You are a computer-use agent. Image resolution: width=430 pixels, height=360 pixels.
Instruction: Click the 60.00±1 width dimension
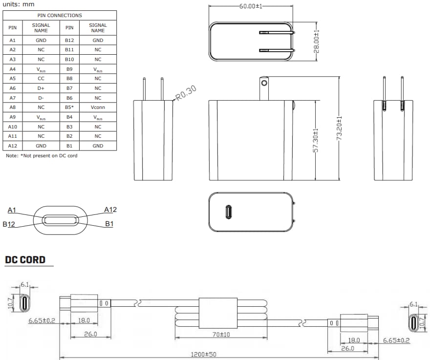(x=251, y=6)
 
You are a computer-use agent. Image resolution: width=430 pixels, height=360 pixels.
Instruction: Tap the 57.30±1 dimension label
(x=316, y=141)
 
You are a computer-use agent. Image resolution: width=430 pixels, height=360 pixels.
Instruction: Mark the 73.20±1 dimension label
(x=339, y=128)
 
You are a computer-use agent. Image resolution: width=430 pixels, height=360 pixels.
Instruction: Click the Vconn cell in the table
(x=98, y=107)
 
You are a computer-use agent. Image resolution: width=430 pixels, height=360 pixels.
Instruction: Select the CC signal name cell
(x=41, y=78)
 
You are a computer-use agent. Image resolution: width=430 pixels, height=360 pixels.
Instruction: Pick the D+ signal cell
(x=41, y=88)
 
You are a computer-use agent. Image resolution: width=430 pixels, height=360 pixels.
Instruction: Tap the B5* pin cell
(x=69, y=107)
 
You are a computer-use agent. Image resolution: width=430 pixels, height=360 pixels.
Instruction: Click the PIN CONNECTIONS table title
(x=60, y=16)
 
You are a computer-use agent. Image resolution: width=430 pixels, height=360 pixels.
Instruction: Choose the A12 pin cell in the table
(x=13, y=146)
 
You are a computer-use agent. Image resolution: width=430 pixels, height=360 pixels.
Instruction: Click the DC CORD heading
(x=25, y=260)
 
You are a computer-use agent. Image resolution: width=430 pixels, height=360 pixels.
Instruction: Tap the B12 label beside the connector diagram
(x=8, y=224)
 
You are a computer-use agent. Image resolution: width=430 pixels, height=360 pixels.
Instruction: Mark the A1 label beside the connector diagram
(x=12, y=210)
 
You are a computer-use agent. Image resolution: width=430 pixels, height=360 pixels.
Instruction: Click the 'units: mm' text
(x=19, y=4)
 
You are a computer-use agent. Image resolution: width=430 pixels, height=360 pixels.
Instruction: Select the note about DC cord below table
(x=41, y=156)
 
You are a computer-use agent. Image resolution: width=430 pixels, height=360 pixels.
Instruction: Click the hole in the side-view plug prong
(x=264, y=83)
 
